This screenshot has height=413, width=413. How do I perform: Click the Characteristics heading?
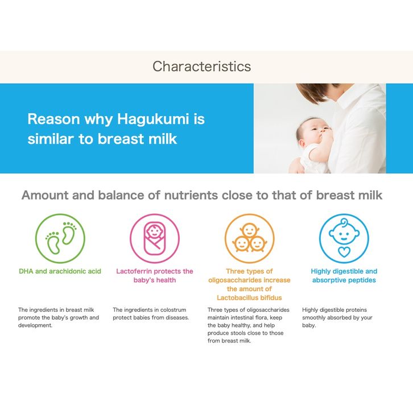pos(202,67)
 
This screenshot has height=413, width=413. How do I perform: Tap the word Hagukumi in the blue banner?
pos(153,119)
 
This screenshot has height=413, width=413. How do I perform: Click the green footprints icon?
pos(60,238)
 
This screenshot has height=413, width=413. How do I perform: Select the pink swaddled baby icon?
pos(155,238)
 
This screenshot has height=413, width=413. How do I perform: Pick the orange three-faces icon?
pos(249,238)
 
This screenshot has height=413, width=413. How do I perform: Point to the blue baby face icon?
pos(344,238)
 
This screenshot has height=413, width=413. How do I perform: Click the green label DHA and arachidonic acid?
pos(60,271)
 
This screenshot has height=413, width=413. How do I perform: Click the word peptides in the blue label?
pos(362,280)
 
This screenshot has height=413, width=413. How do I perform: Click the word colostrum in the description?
pos(173,309)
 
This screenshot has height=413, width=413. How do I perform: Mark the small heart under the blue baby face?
pos(344,252)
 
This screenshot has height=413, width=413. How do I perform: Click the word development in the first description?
pos(35,325)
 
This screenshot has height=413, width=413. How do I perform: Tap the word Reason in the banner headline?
pos(53,119)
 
